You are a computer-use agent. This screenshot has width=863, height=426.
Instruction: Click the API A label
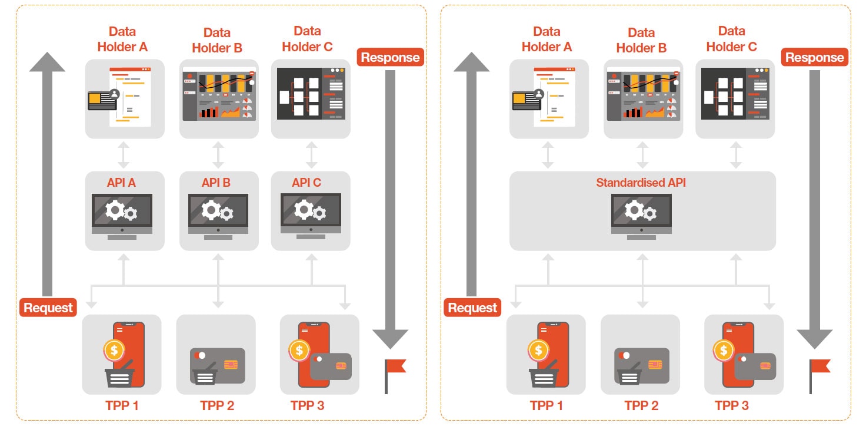(121, 183)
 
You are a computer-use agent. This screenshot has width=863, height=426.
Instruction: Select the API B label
(216, 183)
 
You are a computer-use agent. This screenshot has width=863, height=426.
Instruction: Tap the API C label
(306, 183)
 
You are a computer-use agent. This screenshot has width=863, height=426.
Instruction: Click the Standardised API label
(641, 183)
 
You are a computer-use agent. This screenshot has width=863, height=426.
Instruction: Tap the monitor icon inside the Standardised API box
(642, 215)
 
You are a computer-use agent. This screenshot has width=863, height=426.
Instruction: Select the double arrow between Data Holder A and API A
(124, 155)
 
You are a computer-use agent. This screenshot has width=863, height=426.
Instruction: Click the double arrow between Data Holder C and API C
(312, 155)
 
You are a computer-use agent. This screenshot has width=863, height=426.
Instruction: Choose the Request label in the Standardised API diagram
(472, 308)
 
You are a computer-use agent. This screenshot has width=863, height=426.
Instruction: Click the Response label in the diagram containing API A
(390, 57)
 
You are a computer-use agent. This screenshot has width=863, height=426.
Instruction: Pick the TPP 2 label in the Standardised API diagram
(641, 405)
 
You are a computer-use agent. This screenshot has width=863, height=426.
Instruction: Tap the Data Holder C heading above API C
(307, 39)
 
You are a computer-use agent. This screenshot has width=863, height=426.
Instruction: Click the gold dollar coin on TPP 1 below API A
(114, 350)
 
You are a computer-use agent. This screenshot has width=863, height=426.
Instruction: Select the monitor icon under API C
(311, 215)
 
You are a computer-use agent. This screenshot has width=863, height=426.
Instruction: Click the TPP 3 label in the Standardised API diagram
(732, 405)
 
